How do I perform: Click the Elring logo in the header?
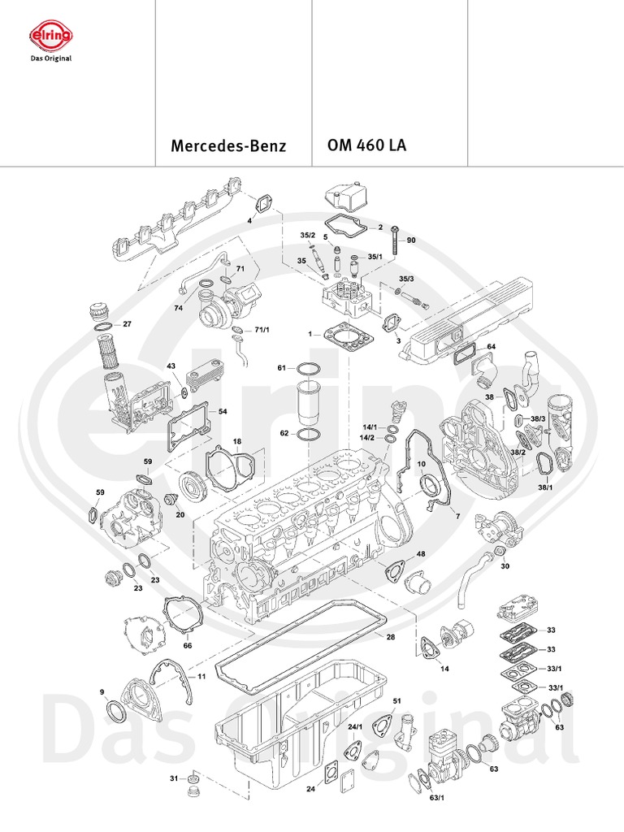50,36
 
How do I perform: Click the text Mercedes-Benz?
228,147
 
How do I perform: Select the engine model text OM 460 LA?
366,146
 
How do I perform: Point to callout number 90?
411,240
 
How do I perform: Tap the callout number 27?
126,324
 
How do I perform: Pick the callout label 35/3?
406,279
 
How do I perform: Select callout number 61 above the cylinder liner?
282,368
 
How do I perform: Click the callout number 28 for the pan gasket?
391,637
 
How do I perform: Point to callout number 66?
188,646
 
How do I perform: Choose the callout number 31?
173,778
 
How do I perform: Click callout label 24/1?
354,726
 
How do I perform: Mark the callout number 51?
397,700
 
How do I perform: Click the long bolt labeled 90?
394,241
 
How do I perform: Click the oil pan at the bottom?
309,731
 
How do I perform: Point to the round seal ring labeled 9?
117,713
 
